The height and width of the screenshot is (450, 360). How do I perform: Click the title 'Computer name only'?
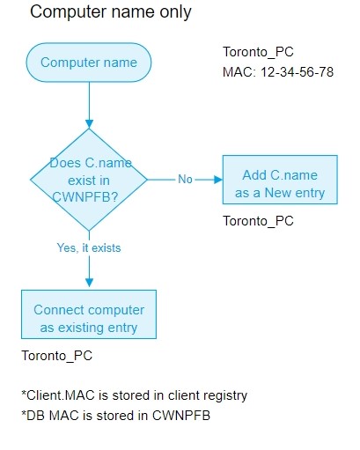pos(111,12)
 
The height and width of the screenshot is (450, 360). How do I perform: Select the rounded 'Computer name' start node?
pos(89,63)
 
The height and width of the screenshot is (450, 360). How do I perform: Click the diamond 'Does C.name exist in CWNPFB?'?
pos(89,180)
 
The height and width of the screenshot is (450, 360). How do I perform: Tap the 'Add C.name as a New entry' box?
pos(280,180)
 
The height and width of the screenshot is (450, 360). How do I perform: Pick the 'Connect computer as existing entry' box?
pos(89,314)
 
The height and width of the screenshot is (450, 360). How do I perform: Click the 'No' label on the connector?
pos(185,179)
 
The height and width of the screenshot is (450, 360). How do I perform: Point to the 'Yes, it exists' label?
pos(89,247)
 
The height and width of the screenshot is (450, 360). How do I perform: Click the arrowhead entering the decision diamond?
pos(89,124)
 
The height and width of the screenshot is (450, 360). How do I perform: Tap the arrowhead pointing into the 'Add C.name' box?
pos(218,180)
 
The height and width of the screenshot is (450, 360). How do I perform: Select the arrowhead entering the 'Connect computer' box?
pos(89,283)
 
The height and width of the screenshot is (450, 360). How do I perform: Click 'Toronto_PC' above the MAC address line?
pos(258,52)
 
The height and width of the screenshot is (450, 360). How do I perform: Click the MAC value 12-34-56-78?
pos(297,72)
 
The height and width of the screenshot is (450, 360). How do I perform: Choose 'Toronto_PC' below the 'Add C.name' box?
pos(258,221)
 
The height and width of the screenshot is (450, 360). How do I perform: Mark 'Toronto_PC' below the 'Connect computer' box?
pos(57,356)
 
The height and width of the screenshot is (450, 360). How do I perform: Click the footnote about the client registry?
pos(135,395)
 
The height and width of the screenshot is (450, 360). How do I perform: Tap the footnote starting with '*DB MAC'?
pos(116,416)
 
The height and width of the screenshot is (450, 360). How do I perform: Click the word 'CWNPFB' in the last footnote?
pos(181,416)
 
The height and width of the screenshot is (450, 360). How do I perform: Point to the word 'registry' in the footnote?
pos(225,396)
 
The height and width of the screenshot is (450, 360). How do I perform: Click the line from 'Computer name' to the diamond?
pos(89,100)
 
